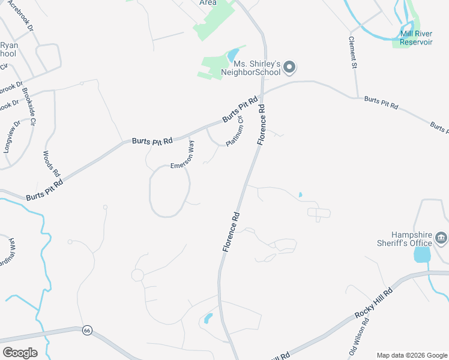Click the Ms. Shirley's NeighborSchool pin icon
pos(289,67)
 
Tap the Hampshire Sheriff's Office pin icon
pos(441,238)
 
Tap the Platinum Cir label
pos(235,131)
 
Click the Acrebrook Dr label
pos(19,16)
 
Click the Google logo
pos(20,353)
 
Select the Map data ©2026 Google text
pos(412,355)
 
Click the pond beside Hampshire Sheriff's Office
pos(422,255)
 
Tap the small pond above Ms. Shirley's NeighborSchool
pos(232,56)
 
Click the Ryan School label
pos(9,50)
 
